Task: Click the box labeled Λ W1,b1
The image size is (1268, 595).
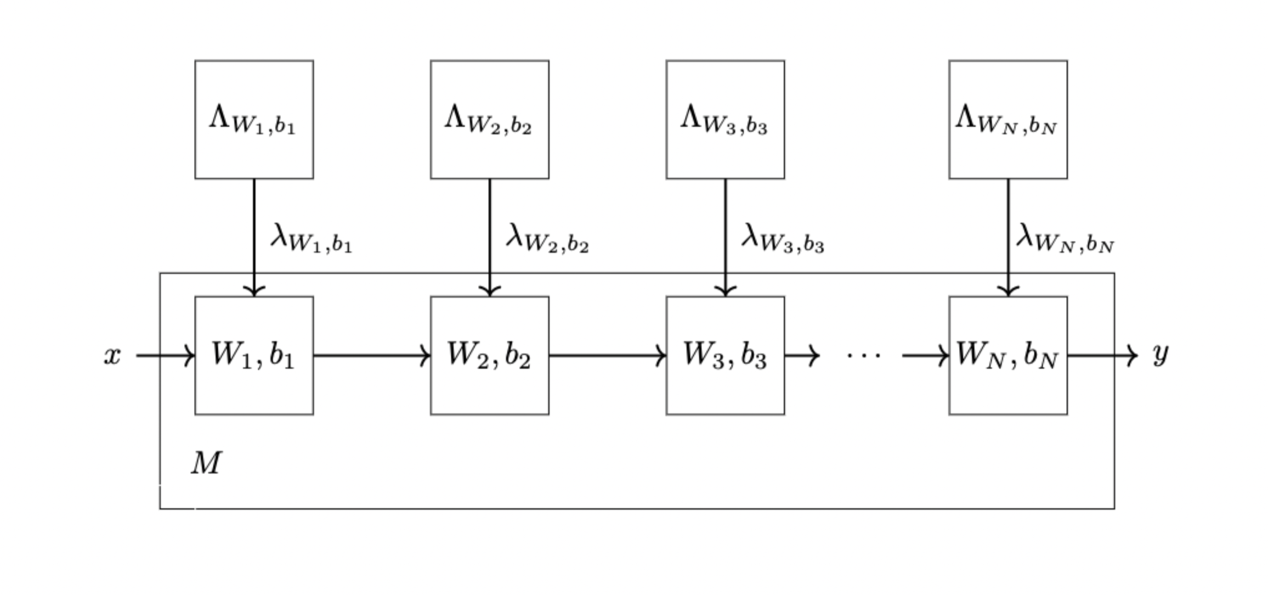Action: pos(254,120)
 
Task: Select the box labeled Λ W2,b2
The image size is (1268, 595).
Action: pos(489,120)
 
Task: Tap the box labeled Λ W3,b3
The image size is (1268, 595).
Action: pos(725,120)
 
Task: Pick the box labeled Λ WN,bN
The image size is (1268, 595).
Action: pos(1007,120)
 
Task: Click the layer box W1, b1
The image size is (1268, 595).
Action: pos(254,356)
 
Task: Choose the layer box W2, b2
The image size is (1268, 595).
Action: pos(489,356)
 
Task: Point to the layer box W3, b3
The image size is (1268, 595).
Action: pos(725,356)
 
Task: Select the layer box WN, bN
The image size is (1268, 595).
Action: pos(1007,356)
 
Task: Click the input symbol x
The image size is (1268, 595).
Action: pos(112,356)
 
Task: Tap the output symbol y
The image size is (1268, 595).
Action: pos(1160,355)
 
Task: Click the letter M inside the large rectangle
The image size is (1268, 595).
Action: pos(206,463)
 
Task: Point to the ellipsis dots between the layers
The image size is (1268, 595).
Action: pos(863,356)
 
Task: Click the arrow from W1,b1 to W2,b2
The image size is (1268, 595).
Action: pos(372,356)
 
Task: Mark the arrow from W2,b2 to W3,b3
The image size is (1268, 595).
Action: pos(607,356)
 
